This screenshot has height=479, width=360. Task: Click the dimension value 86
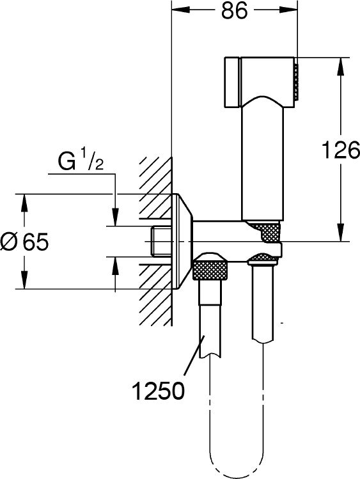[234, 12]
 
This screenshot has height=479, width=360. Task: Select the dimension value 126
[341, 150]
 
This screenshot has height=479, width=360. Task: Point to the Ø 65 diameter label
[24, 242]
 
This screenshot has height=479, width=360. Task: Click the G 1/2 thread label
[81, 161]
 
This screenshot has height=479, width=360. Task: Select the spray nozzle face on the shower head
[296, 82]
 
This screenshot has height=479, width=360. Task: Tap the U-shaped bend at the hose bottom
[236, 467]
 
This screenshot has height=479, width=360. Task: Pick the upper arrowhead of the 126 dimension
[341, 67]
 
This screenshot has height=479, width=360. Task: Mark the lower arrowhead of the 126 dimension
[341, 233]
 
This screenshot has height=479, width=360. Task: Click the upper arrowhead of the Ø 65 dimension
[24, 203]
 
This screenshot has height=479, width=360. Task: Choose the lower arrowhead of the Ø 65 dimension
[24, 279]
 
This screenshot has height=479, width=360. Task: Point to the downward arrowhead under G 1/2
[115, 217]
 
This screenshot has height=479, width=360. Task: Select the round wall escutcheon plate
[182, 241]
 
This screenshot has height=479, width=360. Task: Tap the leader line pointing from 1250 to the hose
[193, 356]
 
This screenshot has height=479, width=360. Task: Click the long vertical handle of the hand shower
[263, 159]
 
